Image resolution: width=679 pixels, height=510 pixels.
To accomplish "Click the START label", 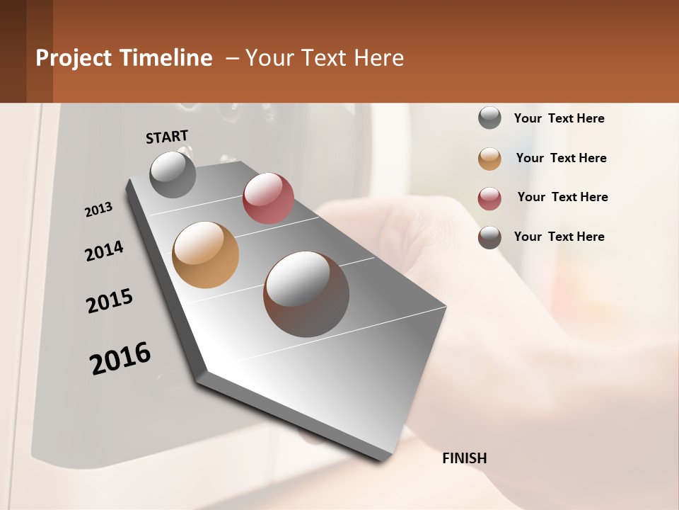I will (x=167, y=137).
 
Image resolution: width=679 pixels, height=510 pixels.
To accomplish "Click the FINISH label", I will (x=464, y=458).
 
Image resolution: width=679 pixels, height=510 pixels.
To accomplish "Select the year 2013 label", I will (x=99, y=210).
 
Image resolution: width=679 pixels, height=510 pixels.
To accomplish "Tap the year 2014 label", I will (x=104, y=251).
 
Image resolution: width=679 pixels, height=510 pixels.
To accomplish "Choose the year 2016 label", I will (x=120, y=358).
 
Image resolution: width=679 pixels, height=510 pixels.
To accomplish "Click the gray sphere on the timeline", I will (x=173, y=174).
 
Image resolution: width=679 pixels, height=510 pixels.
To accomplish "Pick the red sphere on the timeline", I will (x=268, y=198).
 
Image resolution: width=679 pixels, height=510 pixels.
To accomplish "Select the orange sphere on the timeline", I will (x=205, y=255).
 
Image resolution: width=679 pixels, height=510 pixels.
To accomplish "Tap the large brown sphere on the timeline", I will (x=306, y=294).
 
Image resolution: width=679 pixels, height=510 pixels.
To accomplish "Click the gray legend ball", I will (x=489, y=118).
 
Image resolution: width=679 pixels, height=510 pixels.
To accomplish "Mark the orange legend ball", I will (x=489, y=159).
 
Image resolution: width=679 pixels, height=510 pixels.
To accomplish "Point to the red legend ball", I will (x=489, y=198).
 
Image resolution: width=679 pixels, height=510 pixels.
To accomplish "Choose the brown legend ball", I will (x=489, y=237).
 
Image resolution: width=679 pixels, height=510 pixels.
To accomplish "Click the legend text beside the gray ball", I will (x=559, y=119).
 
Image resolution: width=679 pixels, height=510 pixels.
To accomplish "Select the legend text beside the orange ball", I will (x=561, y=158).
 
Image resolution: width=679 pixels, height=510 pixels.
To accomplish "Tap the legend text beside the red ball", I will (x=562, y=197).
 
